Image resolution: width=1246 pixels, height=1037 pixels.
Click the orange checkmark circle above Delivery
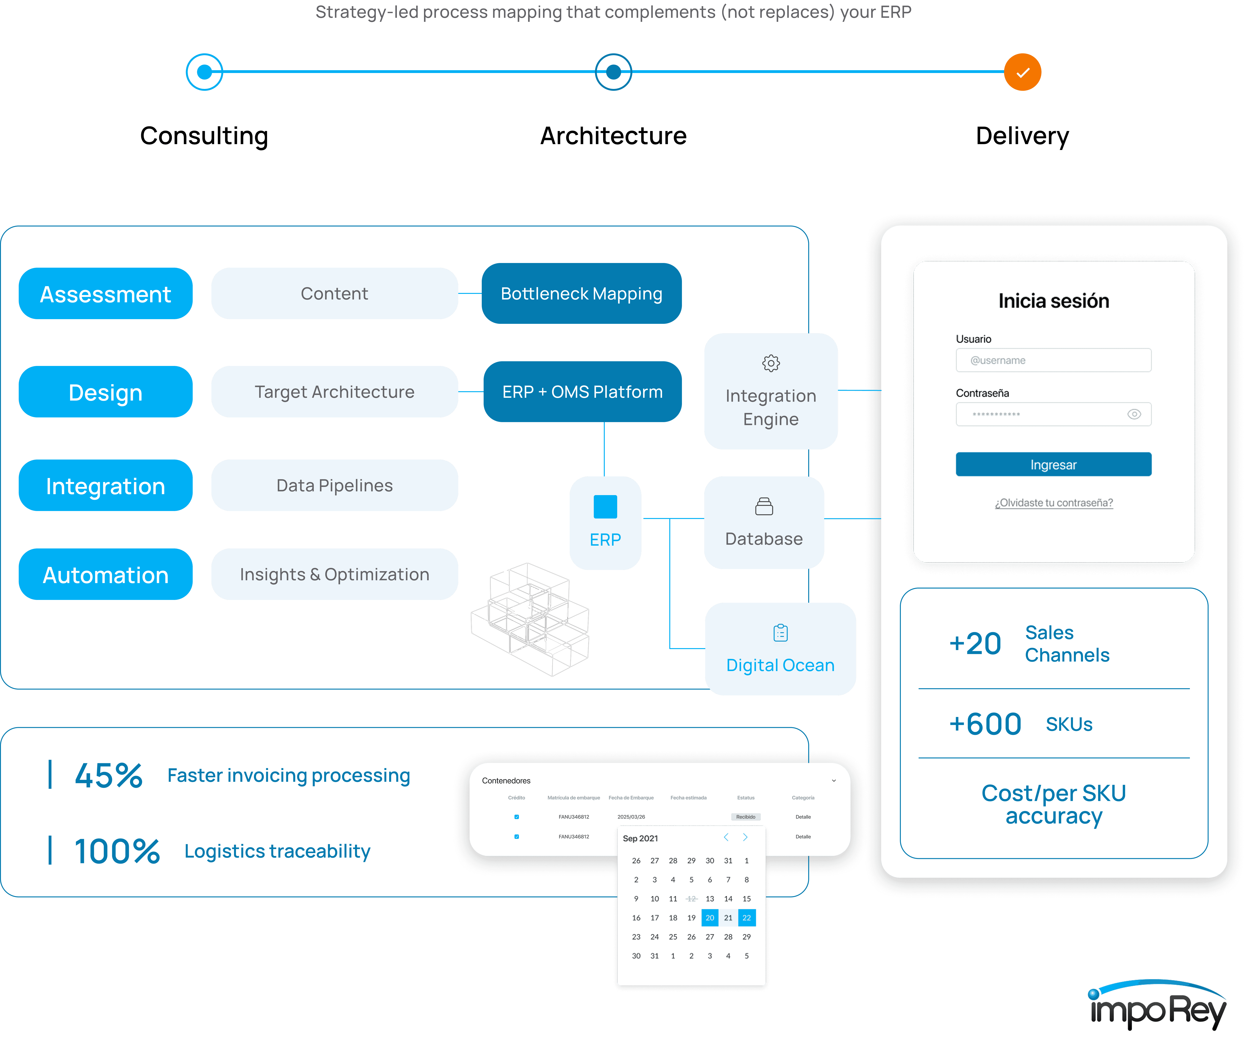(x=1022, y=73)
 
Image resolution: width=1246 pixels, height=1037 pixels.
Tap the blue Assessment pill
(x=106, y=294)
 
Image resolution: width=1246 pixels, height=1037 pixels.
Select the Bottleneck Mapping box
(x=581, y=294)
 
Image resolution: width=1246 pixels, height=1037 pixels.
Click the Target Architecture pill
(x=335, y=392)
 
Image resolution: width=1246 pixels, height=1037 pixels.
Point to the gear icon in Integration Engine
(x=771, y=363)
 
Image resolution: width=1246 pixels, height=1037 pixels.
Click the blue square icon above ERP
(x=605, y=506)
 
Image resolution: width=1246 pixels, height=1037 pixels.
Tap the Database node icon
(x=764, y=506)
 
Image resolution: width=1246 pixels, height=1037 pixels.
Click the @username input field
(x=1053, y=360)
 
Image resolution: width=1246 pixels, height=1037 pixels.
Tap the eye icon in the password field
(x=1134, y=414)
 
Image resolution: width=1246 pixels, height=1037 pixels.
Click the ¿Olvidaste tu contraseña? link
(x=1054, y=503)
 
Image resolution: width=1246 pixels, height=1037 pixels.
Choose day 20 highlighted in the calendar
(x=710, y=918)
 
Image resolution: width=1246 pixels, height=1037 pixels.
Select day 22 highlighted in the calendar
(x=746, y=918)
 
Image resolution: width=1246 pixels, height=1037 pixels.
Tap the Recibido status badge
(x=746, y=817)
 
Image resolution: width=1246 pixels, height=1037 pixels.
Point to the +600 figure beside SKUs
(x=985, y=724)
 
